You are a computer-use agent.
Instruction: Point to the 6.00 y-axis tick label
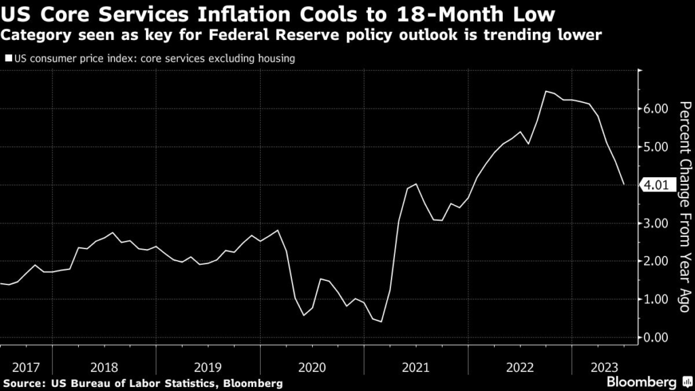pos(656,109)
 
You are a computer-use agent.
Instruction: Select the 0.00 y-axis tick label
pos(656,337)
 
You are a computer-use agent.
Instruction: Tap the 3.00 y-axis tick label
pos(656,223)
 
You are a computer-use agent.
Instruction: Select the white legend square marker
pos(7,59)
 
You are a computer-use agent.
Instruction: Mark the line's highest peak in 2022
pos(546,91)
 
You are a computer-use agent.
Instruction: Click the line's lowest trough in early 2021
pos(381,322)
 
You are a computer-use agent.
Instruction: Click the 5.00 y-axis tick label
pos(656,147)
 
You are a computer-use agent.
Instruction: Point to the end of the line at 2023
pos(624,184)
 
